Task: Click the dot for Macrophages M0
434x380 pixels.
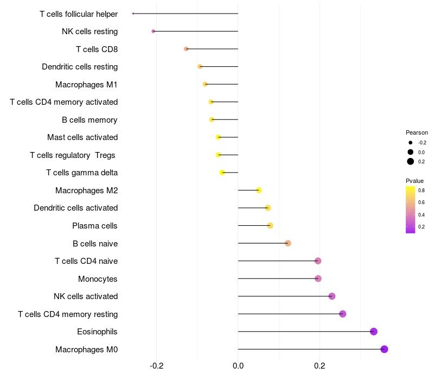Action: pos(384,349)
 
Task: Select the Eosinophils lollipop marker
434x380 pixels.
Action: pos(373,332)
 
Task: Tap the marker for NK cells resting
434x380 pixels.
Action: pos(154,31)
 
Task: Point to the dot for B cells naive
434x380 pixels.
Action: pos(288,243)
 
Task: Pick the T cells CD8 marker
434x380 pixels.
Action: pos(186,49)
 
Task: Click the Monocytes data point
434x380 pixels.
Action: pos(318,278)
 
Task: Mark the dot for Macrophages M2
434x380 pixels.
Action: pos(259,190)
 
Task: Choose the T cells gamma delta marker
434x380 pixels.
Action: pos(222,173)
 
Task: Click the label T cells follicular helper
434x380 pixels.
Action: pos(79,14)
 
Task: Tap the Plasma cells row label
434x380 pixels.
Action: pos(95,226)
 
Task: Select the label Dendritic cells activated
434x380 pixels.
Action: pos(75,208)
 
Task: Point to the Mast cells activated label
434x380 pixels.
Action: pos(82,137)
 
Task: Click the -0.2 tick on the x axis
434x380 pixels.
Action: pos(157,365)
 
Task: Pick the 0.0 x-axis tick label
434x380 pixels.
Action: pos(238,365)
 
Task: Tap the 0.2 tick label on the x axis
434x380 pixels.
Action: pos(320,365)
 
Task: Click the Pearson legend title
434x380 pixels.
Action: pos(417,132)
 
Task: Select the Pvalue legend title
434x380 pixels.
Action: pos(414,181)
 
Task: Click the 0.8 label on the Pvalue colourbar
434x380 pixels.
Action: pos(422,191)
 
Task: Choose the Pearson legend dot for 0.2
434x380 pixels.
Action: pos(411,161)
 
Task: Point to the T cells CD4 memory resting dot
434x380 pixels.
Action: pos(342,314)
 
